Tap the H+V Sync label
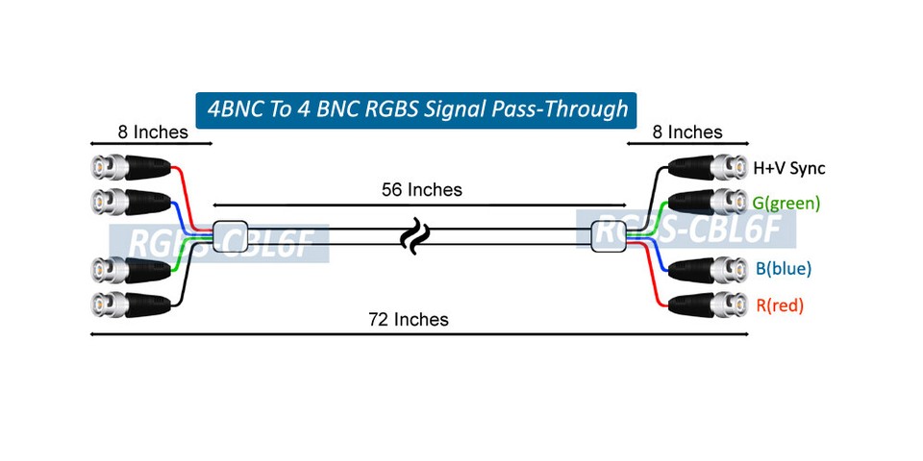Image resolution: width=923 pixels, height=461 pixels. click(x=788, y=168)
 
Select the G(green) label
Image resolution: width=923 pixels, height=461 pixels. click(x=786, y=203)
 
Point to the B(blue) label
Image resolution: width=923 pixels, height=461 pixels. click(x=783, y=269)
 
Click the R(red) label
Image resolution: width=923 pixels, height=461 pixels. click(x=779, y=305)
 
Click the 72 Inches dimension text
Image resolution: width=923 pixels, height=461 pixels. click(x=408, y=319)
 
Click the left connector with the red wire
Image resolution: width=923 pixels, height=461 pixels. click(x=131, y=169)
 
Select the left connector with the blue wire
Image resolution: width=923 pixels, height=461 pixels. click(x=131, y=203)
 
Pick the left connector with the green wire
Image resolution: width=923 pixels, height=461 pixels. click(x=131, y=270)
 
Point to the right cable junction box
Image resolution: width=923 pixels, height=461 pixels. click(x=609, y=236)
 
